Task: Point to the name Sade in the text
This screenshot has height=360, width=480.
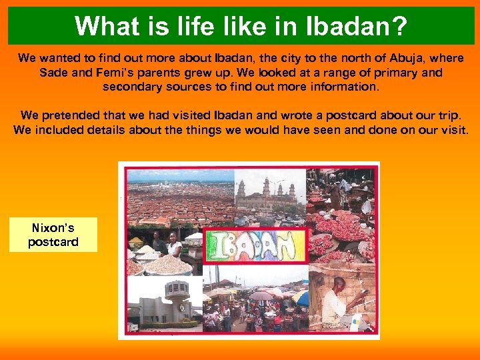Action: pos(53,72)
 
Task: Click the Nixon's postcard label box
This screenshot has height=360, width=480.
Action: pos(53,235)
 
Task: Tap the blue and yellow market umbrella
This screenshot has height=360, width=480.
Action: pos(301,297)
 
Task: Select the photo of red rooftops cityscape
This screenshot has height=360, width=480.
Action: pos(177,197)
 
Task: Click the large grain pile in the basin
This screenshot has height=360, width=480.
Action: pos(167,266)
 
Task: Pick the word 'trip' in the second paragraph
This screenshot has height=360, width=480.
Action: pos(443,115)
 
